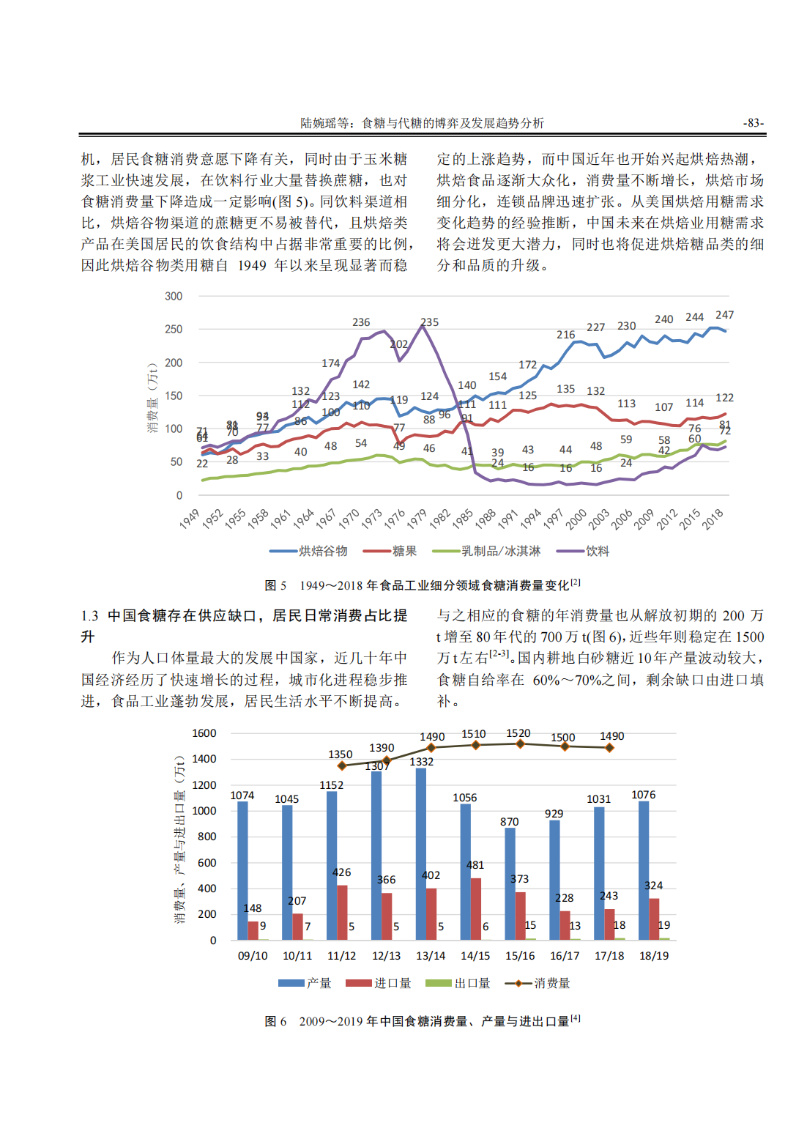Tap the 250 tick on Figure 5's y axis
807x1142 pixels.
[x=174, y=330]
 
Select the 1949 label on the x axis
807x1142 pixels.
[x=190, y=519]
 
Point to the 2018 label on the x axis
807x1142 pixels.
[x=713, y=519]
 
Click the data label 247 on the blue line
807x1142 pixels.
[x=724, y=315]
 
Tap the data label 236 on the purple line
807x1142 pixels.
[x=361, y=322]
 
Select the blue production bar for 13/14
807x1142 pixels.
[x=421, y=854]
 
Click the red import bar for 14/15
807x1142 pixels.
[x=476, y=909]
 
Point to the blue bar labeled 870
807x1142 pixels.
[x=510, y=883]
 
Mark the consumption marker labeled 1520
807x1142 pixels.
[x=520, y=744]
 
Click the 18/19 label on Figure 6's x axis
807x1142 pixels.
[x=654, y=956]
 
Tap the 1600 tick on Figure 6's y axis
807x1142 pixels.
[x=204, y=733]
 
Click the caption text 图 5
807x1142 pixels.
[x=275, y=585]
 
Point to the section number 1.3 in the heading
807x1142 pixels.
[x=89, y=616]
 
